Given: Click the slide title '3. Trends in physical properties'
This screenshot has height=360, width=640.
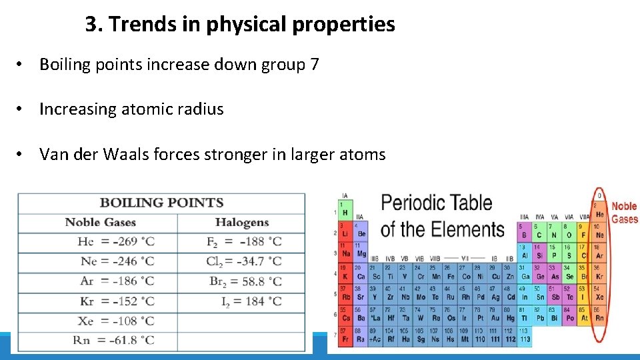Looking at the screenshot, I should point(240,25).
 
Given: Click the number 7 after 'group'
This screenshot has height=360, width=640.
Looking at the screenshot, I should point(315,65).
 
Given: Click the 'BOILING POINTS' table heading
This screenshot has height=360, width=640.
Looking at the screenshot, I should point(161,203).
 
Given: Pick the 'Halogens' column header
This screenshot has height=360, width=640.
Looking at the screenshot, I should point(241,223).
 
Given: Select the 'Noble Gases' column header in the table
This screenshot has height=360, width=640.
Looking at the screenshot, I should point(100,223).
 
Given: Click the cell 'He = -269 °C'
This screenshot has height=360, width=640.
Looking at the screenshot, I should point(116,241).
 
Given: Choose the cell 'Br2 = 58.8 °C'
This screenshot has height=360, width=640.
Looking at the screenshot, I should point(245,281).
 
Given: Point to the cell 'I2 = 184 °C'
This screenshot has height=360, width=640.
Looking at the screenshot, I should point(251,301).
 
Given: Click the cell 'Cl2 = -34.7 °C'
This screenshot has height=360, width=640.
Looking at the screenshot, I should point(244,261).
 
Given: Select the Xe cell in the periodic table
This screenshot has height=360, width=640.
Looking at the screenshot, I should point(599,297).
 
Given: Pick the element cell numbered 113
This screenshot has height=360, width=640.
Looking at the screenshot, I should point(525,336).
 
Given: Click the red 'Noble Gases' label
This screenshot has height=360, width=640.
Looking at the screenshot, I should point(625,213).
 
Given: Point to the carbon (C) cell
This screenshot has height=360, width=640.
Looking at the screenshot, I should point(539,235).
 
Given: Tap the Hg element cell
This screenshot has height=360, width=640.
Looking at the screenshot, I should point(510,318).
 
